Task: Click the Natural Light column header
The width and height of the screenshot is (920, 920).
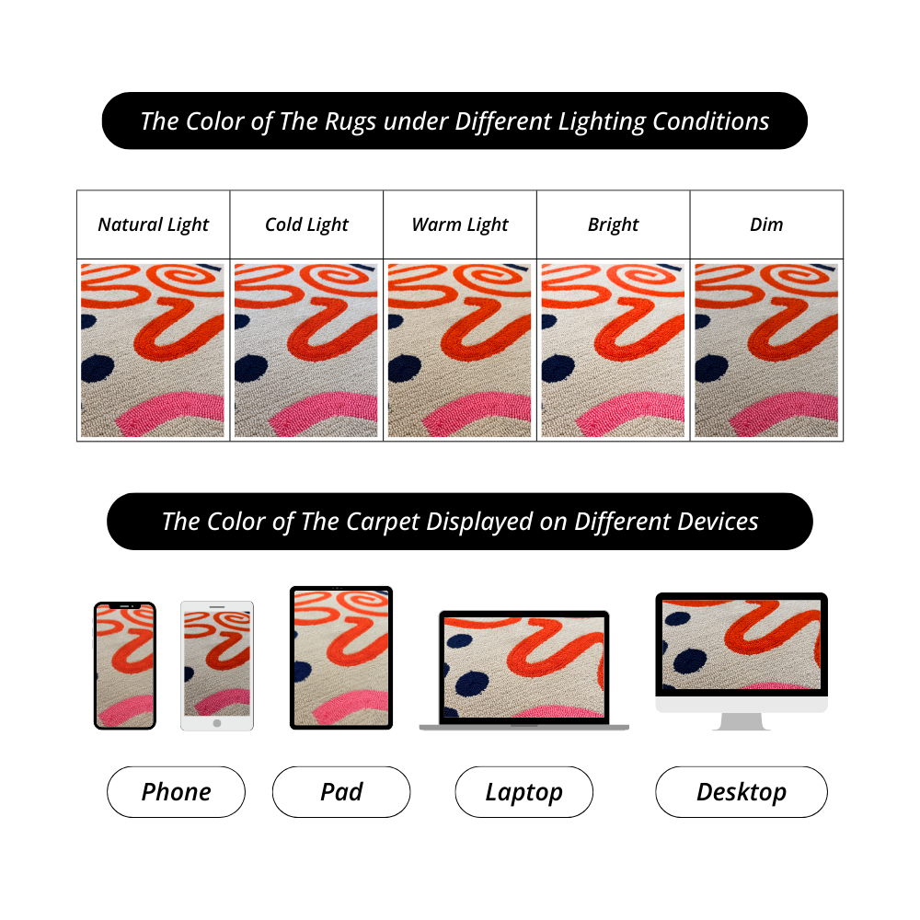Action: coord(154,224)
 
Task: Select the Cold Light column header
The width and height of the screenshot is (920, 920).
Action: coord(306,224)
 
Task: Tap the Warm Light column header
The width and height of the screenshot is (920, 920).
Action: coord(460,224)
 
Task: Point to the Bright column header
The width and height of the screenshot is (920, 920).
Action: coord(613,224)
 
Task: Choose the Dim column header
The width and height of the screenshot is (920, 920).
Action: coord(766,224)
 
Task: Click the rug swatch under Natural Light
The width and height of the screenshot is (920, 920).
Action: coord(153,351)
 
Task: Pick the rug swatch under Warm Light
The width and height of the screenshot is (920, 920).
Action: coord(460,351)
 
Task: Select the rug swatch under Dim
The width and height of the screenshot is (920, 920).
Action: coord(766,351)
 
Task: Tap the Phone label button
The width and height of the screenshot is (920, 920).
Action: coord(176,792)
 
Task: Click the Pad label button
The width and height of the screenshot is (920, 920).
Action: coord(341,792)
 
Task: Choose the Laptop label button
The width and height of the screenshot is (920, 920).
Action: coord(523,792)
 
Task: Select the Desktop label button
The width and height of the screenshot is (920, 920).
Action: coord(741,792)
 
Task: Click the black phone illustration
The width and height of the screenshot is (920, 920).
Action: coord(125,665)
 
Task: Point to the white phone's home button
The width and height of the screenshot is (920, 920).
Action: coord(217,723)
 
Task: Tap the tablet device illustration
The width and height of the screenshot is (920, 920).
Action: coord(341,657)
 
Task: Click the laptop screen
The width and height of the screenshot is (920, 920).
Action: coord(524,666)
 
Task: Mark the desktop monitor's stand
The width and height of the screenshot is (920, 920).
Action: coord(742,721)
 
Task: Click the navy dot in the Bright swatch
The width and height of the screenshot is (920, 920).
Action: coord(558,369)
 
